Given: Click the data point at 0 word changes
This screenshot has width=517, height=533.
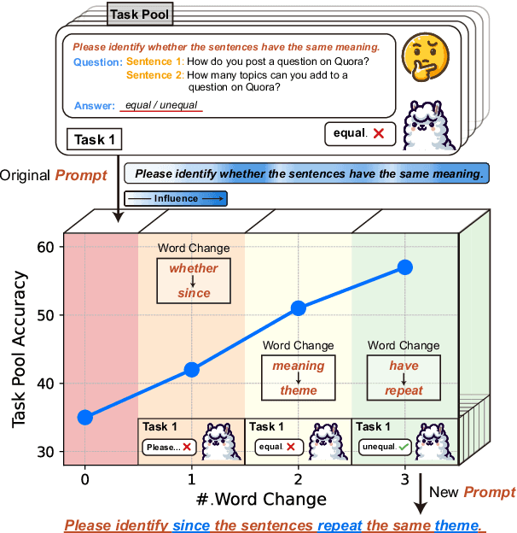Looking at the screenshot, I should [84, 418].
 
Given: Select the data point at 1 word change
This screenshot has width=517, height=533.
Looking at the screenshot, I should [192, 370].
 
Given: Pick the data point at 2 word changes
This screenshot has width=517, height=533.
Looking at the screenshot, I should [299, 308].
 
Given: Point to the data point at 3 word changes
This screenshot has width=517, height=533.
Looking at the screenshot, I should [405, 267].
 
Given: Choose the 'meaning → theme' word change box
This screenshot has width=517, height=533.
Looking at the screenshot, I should [299, 378].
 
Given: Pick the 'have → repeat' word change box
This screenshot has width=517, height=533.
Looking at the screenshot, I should [405, 378].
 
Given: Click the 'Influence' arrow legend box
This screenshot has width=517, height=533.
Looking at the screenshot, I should [175, 198].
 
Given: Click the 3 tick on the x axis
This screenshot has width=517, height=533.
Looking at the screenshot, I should [404, 478].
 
